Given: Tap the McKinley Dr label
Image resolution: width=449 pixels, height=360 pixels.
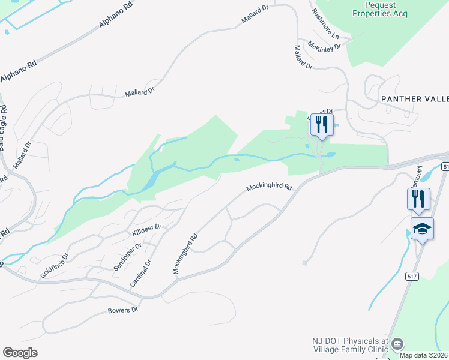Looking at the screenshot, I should [x=324, y=45].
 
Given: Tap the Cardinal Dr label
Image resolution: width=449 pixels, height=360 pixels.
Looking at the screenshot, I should [x=145, y=271].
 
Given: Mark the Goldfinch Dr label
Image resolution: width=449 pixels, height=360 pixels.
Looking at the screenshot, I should [x=55, y=264].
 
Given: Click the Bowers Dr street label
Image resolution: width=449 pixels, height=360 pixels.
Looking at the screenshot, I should [x=123, y=310].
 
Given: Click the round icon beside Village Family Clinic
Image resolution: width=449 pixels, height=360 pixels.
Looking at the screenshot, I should [x=397, y=344].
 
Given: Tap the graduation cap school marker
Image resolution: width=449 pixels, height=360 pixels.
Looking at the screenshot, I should [x=422, y=229].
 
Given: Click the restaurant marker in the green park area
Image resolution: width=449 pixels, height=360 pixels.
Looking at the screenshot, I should [x=321, y=124].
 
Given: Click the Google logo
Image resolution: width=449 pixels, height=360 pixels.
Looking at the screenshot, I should [x=20, y=353].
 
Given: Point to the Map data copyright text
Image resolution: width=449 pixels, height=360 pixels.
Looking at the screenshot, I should [x=424, y=355].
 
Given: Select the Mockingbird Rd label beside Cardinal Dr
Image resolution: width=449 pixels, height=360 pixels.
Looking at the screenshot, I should [x=185, y=254].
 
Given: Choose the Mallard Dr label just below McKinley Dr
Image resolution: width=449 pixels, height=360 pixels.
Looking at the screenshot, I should [x=304, y=57].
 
